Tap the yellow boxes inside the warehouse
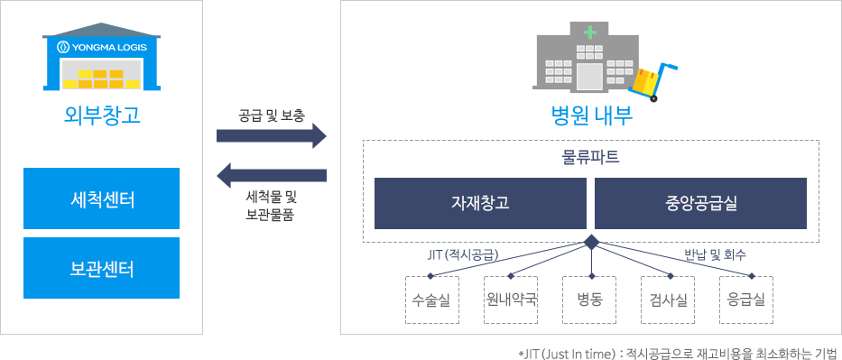pos(101,78)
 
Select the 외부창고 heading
pos(102,115)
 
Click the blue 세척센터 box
pos(101,198)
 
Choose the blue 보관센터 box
pos(101,268)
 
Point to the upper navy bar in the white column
pos(271,135)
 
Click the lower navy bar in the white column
pos(271,175)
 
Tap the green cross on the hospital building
pos(590,32)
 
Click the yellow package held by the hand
pos(645,79)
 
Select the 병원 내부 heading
pos(591,115)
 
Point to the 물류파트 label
pos(590,156)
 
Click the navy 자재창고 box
pos(479,203)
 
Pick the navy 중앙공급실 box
pos(699,203)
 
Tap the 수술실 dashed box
pos(432,300)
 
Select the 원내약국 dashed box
pos(511,300)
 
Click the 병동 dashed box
pos(589,300)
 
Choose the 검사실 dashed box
pos(668,300)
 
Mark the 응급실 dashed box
pos(746,300)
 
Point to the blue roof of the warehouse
pos(101,30)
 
